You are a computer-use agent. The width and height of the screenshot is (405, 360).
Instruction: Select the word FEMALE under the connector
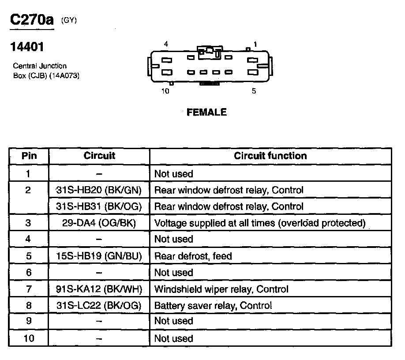click(206, 112)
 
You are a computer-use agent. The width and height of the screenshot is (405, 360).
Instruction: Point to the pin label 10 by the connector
click(165, 91)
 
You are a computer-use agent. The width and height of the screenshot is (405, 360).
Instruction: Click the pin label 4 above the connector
click(166, 44)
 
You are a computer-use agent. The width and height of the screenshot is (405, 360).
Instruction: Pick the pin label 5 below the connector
click(254, 91)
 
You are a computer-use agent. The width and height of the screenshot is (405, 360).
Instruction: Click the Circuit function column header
click(270, 156)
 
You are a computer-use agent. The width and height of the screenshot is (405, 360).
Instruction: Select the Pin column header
click(29, 156)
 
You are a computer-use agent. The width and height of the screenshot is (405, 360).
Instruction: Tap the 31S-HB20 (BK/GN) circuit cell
click(99, 190)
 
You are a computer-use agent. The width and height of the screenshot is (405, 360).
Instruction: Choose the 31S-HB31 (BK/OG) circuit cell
click(99, 206)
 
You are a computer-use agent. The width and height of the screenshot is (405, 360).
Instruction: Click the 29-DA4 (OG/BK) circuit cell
click(99, 223)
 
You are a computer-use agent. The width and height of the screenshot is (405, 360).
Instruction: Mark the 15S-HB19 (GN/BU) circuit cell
click(99, 256)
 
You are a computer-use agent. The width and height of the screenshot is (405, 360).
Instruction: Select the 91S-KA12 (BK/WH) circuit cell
click(99, 289)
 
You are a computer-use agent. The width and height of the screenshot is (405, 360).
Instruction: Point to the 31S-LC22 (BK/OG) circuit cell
click(99, 305)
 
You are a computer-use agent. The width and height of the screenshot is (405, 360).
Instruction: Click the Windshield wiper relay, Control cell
click(221, 289)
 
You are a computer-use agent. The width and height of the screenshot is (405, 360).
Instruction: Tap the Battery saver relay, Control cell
click(213, 305)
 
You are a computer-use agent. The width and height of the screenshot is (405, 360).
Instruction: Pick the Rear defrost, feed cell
click(193, 256)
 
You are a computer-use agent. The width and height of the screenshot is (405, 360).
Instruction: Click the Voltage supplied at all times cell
click(260, 223)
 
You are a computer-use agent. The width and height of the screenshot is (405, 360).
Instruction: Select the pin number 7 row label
click(29, 289)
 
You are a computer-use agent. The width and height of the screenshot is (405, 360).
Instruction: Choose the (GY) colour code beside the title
click(69, 20)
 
